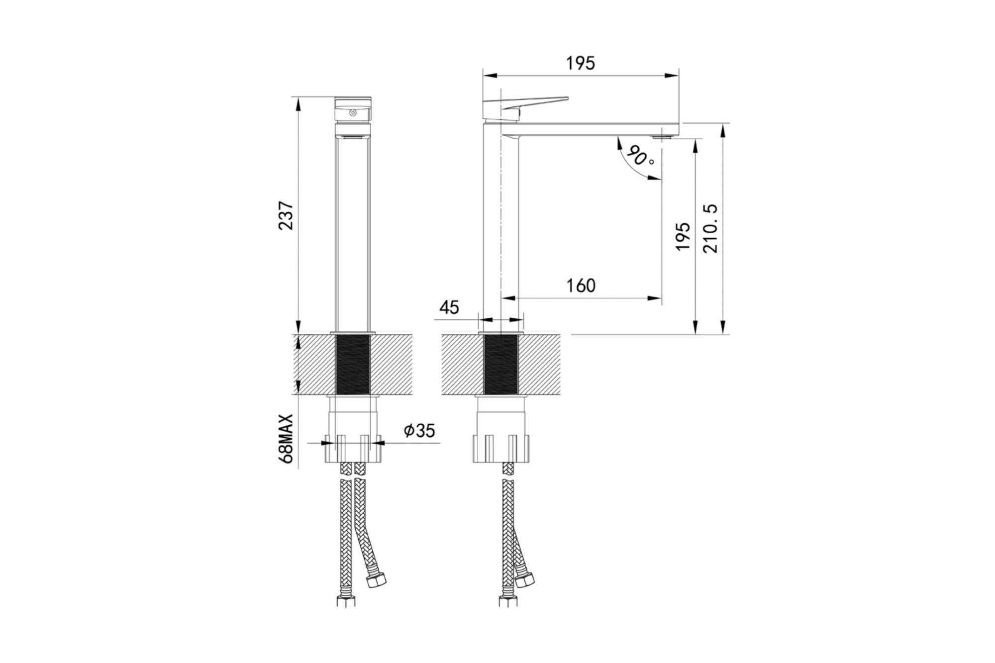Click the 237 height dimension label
(x=287, y=215)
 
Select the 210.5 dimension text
(x=710, y=228)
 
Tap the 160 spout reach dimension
(x=581, y=285)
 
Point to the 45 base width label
(x=449, y=307)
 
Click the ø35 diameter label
(x=419, y=430)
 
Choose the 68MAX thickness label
(x=287, y=439)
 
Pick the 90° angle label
(x=641, y=156)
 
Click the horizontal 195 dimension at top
(x=581, y=63)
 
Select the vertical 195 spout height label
(x=683, y=236)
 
